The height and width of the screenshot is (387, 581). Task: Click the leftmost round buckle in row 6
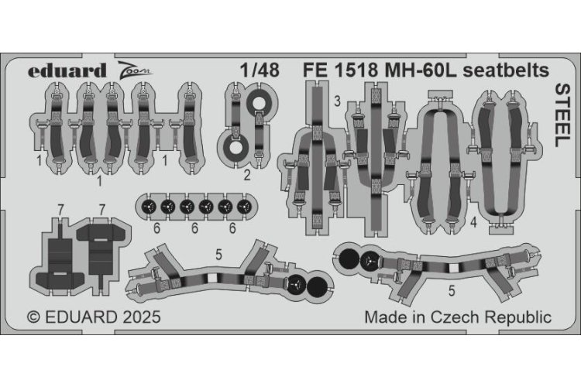tap(147, 207)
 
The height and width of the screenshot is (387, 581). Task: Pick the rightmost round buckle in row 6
tap(244, 207)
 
